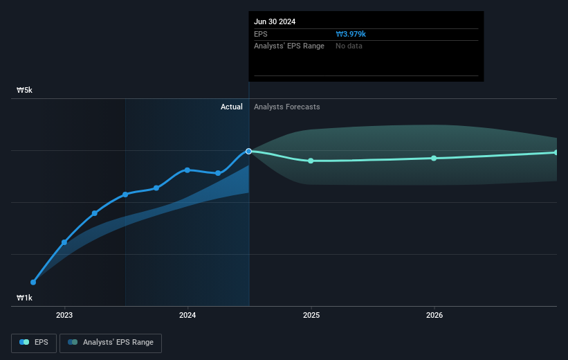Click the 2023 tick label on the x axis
tap(64, 315)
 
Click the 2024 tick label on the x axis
tap(187, 315)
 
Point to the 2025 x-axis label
tap(311, 315)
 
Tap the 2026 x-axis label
tap(434, 315)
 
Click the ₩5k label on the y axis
tap(25, 90)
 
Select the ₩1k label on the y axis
tap(25, 298)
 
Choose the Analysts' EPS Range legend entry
tap(111, 342)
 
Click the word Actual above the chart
tap(232, 107)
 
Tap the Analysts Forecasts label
tap(287, 107)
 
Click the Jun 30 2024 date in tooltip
tap(275, 21)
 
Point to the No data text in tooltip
tap(349, 46)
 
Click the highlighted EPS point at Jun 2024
tap(248, 151)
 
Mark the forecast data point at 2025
tap(311, 161)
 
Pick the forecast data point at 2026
tap(434, 158)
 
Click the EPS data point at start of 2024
tap(187, 170)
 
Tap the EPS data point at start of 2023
tap(64, 242)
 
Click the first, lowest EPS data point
tap(33, 282)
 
